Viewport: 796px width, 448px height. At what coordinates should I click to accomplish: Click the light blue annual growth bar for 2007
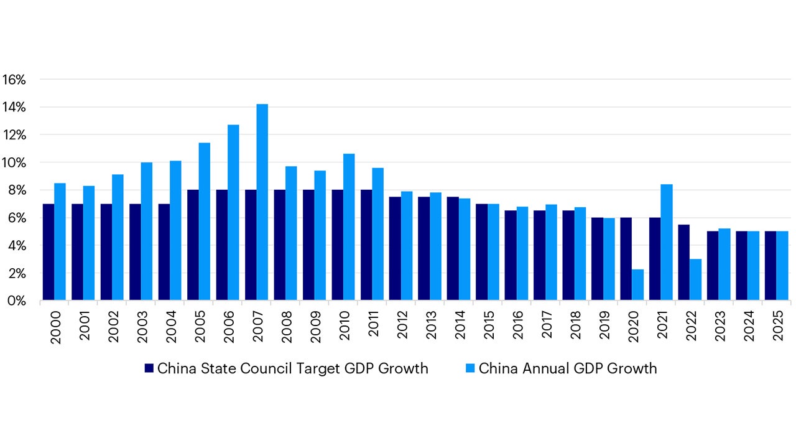pyautogui.click(x=262, y=202)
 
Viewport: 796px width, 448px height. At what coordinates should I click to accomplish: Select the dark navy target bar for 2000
pyautogui.click(x=48, y=252)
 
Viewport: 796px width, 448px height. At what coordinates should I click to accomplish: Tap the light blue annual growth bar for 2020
pyautogui.click(x=638, y=285)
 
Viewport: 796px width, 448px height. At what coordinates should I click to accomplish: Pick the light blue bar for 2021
pyautogui.click(x=667, y=243)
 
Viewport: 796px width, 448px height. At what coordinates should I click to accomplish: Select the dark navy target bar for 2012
pyautogui.click(x=395, y=249)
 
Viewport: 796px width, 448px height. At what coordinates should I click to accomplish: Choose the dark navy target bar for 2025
pyautogui.click(x=771, y=266)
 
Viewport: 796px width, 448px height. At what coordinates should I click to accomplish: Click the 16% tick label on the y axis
pyautogui.click(x=14, y=80)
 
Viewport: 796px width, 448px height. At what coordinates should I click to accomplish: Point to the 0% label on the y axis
pyautogui.click(x=17, y=301)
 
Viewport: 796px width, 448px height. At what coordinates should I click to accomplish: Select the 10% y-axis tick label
pyautogui.click(x=14, y=163)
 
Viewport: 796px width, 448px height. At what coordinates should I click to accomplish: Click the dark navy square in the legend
pyautogui.click(x=149, y=368)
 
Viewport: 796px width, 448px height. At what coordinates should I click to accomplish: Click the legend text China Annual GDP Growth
pyautogui.click(x=567, y=368)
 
